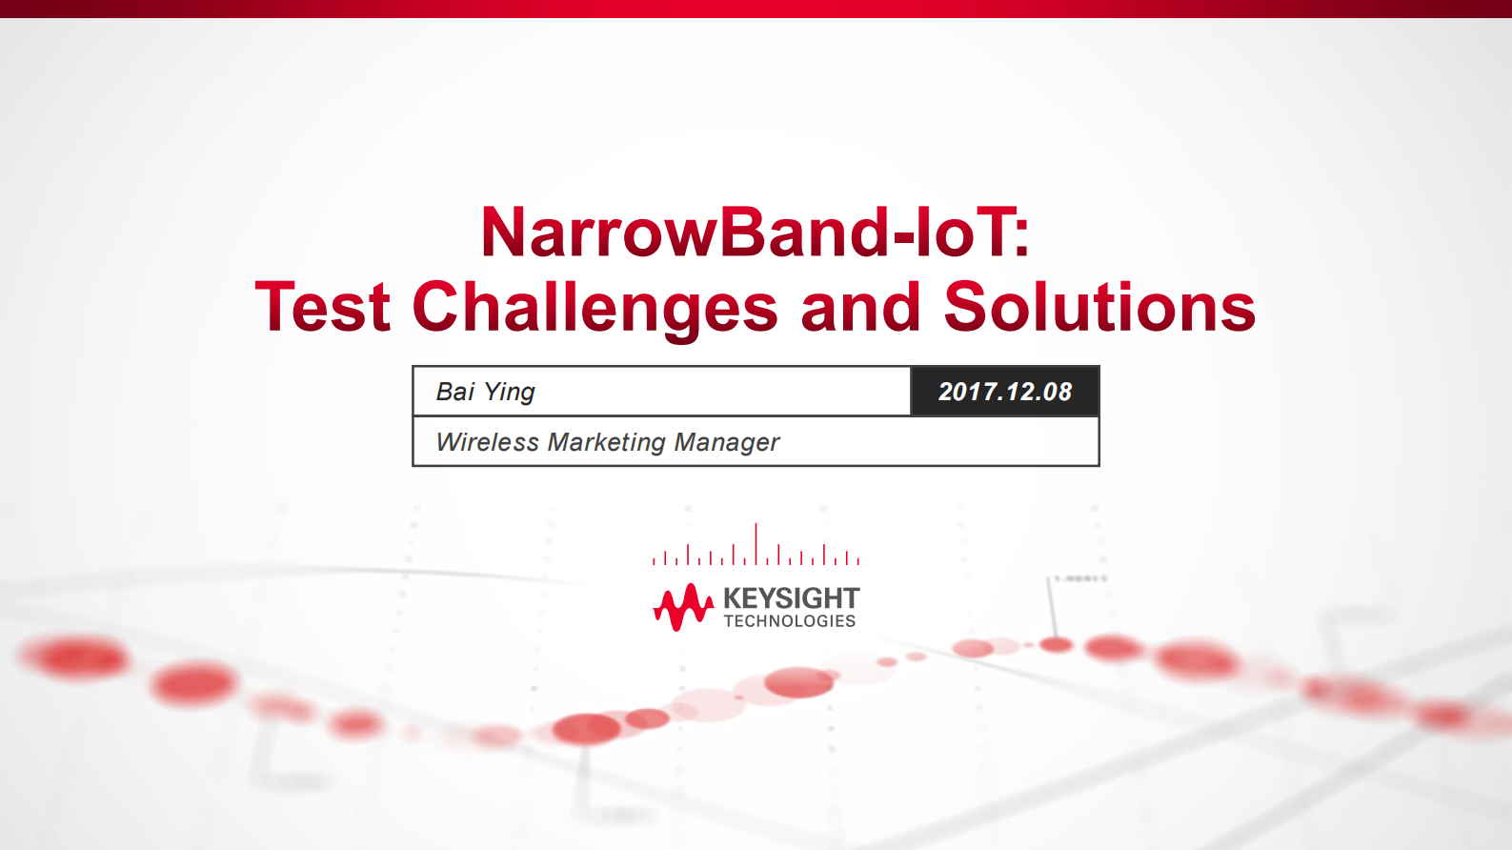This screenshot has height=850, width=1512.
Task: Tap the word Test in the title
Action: (323, 308)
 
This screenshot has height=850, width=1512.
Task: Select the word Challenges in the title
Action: (595, 308)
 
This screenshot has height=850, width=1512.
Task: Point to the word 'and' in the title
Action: (860, 308)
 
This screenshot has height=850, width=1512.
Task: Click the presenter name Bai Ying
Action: (485, 392)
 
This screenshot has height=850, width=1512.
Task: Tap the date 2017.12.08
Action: (1005, 392)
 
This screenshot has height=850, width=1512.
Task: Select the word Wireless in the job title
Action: (487, 442)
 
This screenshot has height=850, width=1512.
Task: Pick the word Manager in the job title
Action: (727, 442)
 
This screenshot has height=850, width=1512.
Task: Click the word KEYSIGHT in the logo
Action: (791, 598)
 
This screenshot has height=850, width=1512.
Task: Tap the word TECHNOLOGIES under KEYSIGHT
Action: (790, 621)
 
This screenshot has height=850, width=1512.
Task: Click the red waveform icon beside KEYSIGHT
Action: (682, 607)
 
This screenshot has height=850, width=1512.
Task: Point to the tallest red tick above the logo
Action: (756, 542)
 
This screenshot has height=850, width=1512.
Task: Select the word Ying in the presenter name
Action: (510, 392)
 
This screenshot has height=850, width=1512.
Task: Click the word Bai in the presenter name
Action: (454, 392)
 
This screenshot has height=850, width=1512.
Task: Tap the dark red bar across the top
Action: (756, 9)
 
